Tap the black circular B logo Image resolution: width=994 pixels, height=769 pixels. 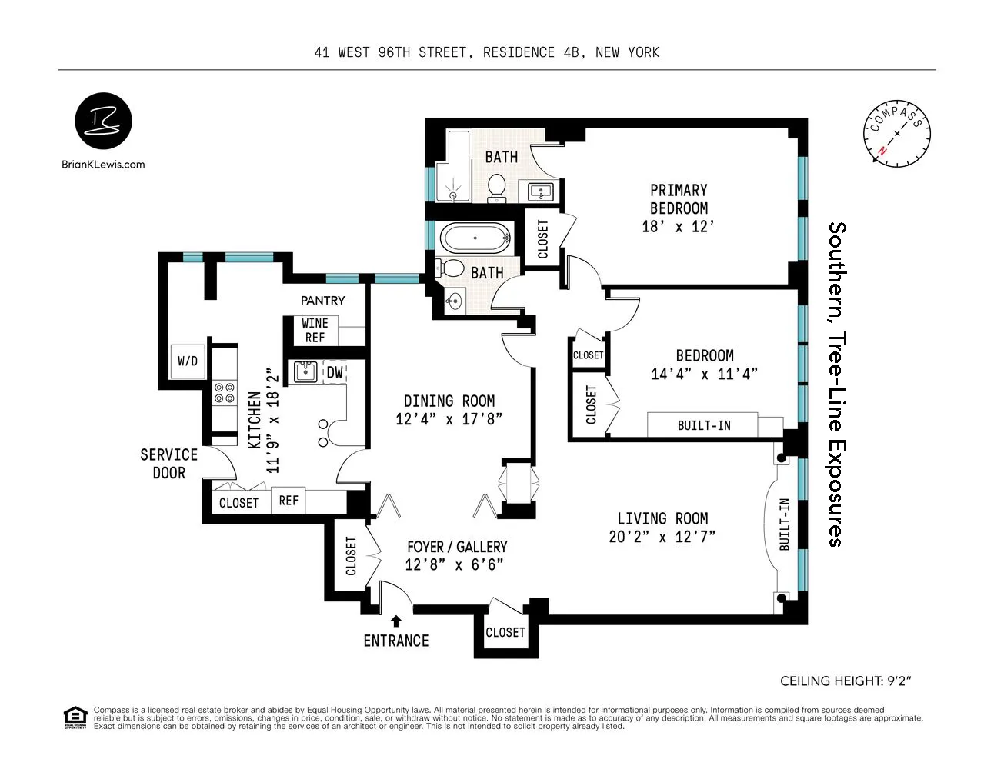click(x=103, y=122)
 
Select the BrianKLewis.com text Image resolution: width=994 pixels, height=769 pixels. click(x=103, y=164)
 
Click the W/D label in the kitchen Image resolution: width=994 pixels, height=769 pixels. click(x=188, y=361)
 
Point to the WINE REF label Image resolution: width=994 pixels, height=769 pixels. click(x=315, y=330)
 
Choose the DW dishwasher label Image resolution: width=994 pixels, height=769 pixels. click(x=335, y=373)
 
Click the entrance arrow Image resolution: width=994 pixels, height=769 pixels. click(x=396, y=621)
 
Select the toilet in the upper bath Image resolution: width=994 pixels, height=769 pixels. click(x=497, y=187)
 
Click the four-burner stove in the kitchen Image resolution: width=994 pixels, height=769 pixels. click(x=225, y=393)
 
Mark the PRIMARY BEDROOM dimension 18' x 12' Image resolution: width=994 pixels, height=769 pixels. click(x=678, y=226)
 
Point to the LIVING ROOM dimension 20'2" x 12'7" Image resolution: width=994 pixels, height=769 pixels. click(x=662, y=537)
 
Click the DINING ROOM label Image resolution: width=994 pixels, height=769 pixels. click(x=449, y=401)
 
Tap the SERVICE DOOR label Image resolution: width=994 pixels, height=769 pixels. click(x=168, y=464)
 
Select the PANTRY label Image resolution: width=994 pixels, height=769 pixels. click(x=322, y=300)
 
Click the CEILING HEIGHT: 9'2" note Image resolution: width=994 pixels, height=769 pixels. click(x=846, y=681)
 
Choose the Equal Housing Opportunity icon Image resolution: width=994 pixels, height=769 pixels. click(x=75, y=717)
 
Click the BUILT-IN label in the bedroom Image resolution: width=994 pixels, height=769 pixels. click(x=703, y=425)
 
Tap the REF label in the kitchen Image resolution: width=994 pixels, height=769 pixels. click(x=289, y=501)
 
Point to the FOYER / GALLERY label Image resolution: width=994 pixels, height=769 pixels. click(x=457, y=547)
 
